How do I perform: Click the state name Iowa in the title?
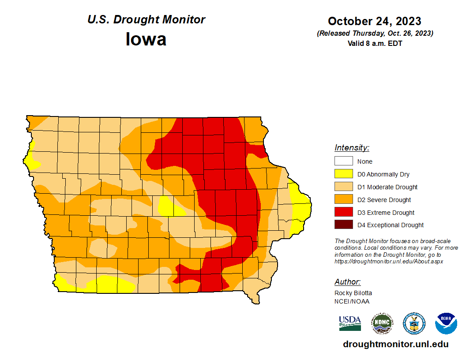tap(146, 39)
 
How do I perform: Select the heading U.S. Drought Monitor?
tap(146, 19)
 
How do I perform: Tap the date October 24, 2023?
tap(374, 21)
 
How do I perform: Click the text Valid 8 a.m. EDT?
tap(375, 43)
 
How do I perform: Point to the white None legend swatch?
tap(343, 161)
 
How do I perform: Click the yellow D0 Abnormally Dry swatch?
tap(343, 174)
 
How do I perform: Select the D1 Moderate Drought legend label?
tap(387, 187)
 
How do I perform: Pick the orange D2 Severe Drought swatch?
tap(343, 200)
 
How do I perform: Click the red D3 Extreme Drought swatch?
tap(343, 213)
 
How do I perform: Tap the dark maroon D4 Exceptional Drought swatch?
tap(343, 225)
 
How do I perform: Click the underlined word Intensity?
tap(352, 148)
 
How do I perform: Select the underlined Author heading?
tap(347, 282)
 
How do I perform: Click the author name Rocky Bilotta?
tap(353, 293)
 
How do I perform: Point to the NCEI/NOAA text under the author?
tap(352, 301)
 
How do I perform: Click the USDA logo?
tap(350, 323)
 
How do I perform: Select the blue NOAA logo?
tap(446, 323)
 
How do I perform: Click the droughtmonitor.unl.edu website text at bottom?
tap(395, 345)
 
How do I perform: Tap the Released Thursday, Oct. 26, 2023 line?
tap(375, 34)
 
